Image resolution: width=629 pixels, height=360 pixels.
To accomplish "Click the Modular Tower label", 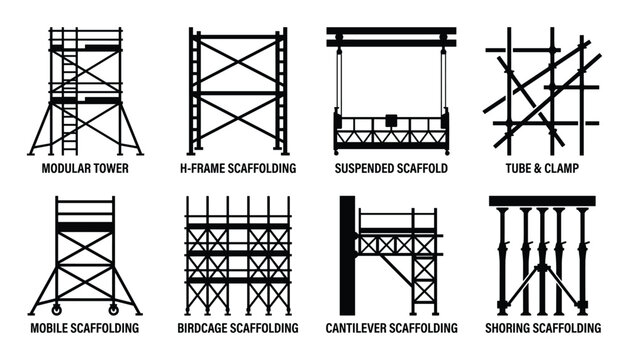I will point(85,168).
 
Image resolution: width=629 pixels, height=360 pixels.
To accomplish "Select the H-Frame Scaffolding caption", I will point(237,168).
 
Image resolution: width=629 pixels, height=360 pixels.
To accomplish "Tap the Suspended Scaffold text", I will point(391,168).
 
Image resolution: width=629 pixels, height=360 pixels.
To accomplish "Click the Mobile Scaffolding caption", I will point(85,328).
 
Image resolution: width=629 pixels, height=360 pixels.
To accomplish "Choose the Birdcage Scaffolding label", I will point(237,328).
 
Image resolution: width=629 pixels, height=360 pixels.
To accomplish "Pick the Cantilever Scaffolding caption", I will point(391,328).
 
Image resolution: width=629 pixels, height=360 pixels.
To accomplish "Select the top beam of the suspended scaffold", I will point(391,35).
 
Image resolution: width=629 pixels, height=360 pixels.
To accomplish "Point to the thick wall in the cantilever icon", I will point(347,255).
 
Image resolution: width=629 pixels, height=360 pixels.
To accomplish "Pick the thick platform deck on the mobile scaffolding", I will point(85,228).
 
